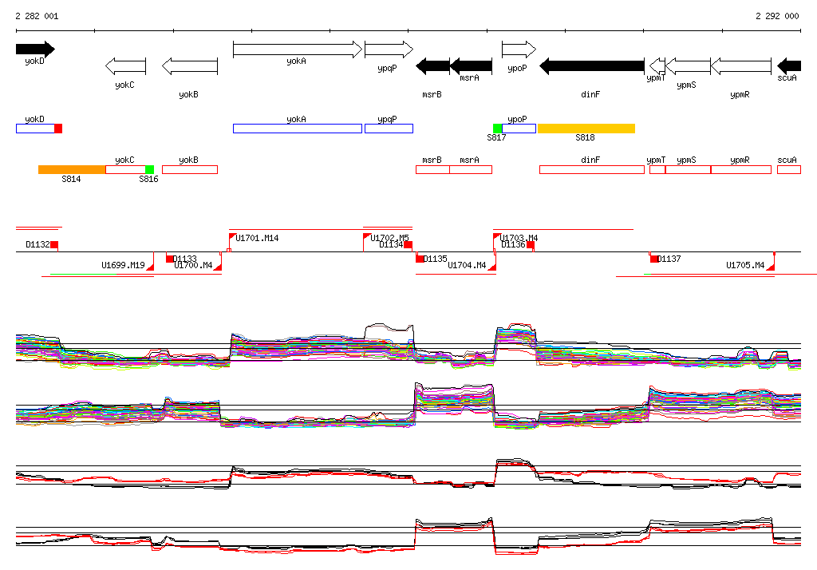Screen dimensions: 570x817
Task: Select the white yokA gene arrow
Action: pyautogui.click(x=297, y=49)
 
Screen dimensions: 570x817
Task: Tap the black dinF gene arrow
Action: pyautogui.click(x=592, y=65)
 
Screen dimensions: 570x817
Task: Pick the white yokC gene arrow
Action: pyautogui.click(x=125, y=65)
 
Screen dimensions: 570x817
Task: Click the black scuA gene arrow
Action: pyautogui.click(x=789, y=65)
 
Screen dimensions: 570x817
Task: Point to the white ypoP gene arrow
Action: pyautogui.click(x=519, y=49)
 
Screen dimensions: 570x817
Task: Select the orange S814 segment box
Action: pyautogui.click(x=72, y=169)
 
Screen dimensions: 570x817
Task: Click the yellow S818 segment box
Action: pyautogui.click(x=586, y=129)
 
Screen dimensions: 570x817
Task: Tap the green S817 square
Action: pyautogui.click(x=497, y=129)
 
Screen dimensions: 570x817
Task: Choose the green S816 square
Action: pyautogui.click(x=149, y=169)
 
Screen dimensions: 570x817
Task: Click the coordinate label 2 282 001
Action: pyautogui.click(x=37, y=16)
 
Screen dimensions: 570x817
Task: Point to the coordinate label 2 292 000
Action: pyautogui.click(x=777, y=16)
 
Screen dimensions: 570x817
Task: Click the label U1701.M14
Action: pyautogui.click(x=258, y=238)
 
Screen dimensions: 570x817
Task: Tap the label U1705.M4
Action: pyautogui.click(x=745, y=265)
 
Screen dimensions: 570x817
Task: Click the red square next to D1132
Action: pyautogui.click(x=54, y=244)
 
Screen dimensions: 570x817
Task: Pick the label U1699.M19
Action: pyautogui.click(x=123, y=265)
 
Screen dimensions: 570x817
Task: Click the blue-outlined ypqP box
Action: pyautogui.click(x=389, y=129)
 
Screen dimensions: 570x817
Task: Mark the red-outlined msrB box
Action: pyautogui.click(x=432, y=169)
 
